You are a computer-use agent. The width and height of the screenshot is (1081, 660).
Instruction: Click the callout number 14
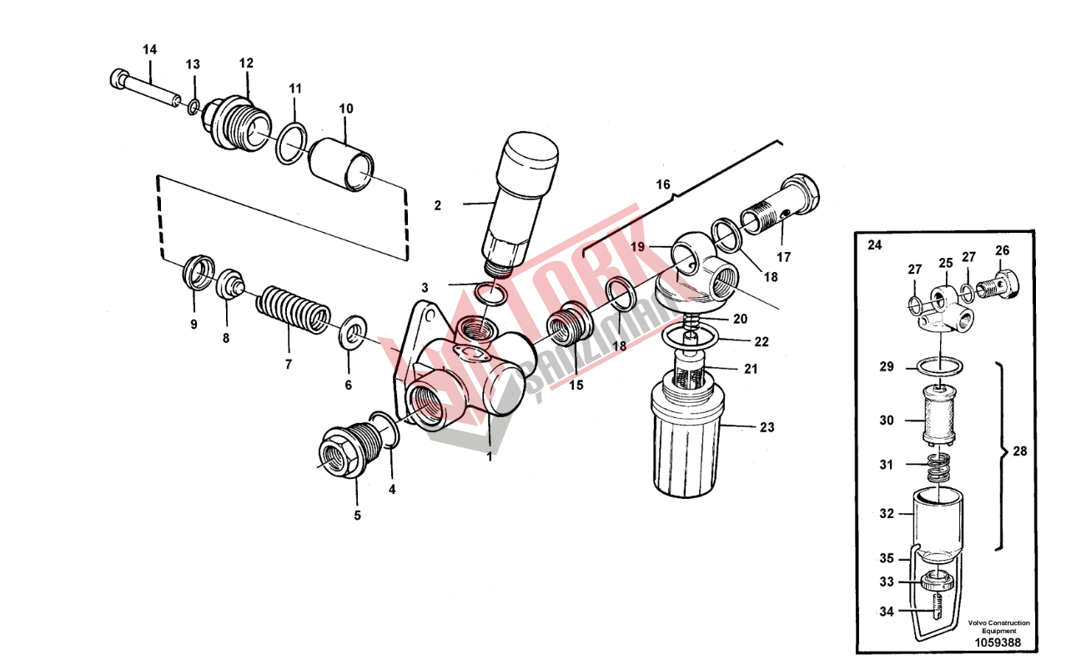click(x=149, y=49)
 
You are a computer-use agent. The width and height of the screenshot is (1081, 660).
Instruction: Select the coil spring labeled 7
click(x=293, y=310)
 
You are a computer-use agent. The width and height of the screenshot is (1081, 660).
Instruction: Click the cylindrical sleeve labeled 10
click(x=341, y=165)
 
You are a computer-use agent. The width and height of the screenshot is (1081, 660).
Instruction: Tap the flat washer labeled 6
click(x=354, y=333)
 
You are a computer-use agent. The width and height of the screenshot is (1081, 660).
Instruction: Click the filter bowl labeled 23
click(x=686, y=437)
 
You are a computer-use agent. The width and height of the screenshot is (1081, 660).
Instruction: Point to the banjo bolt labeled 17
click(x=780, y=204)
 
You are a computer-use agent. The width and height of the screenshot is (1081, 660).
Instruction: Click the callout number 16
click(x=663, y=184)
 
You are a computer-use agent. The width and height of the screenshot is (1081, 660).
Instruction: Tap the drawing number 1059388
click(x=998, y=642)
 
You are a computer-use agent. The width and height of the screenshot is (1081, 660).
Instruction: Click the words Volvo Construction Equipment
click(x=998, y=627)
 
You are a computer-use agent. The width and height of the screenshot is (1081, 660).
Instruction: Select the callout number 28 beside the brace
click(x=1019, y=451)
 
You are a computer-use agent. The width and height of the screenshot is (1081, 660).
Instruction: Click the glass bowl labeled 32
click(x=938, y=526)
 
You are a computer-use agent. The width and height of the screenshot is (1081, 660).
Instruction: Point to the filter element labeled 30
click(x=938, y=415)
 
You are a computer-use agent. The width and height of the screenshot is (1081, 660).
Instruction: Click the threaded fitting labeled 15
click(x=570, y=325)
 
